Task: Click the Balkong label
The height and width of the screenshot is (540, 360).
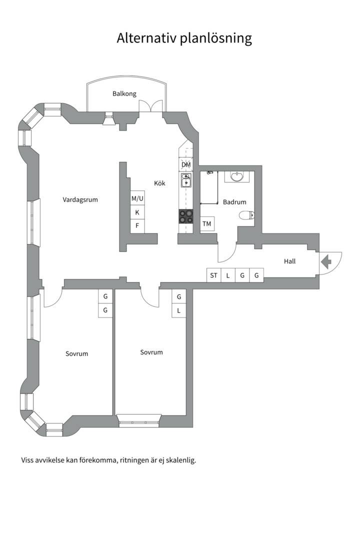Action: click(x=124, y=93)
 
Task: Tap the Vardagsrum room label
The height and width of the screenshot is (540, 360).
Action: click(x=80, y=199)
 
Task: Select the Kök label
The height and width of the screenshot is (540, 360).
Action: click(x=159, y=183)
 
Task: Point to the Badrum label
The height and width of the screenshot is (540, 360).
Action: click(x=234, y=202)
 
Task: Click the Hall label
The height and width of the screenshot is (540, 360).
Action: click(x=289, y=261)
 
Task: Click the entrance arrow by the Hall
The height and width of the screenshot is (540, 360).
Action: click(x=326, y=261)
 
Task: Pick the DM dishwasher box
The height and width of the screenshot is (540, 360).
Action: click(x=186, y=164)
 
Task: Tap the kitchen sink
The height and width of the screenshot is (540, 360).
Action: click(x=186, y=180)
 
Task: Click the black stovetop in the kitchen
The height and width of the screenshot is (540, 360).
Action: click(x=186, y=216)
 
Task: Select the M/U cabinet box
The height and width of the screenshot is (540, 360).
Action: click(x=137, y=198)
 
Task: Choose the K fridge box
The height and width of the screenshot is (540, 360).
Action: click(x=137, y=212)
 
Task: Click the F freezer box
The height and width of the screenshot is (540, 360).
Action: click(x=137, y=226)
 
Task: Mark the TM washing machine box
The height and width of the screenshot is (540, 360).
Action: click(x=207, y=224)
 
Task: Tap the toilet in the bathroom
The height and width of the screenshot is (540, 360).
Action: click(x=246, y=215)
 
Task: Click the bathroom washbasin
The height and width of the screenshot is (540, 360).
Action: click(x=236, y=176)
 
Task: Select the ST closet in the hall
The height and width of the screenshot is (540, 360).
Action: click(x=214, y=275)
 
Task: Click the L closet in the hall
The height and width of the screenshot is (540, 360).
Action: click(x=228, y=275)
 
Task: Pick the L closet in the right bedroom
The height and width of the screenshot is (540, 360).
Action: click(x=179, y=310)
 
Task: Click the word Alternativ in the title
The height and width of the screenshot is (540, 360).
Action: click(x=147, y=38)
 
